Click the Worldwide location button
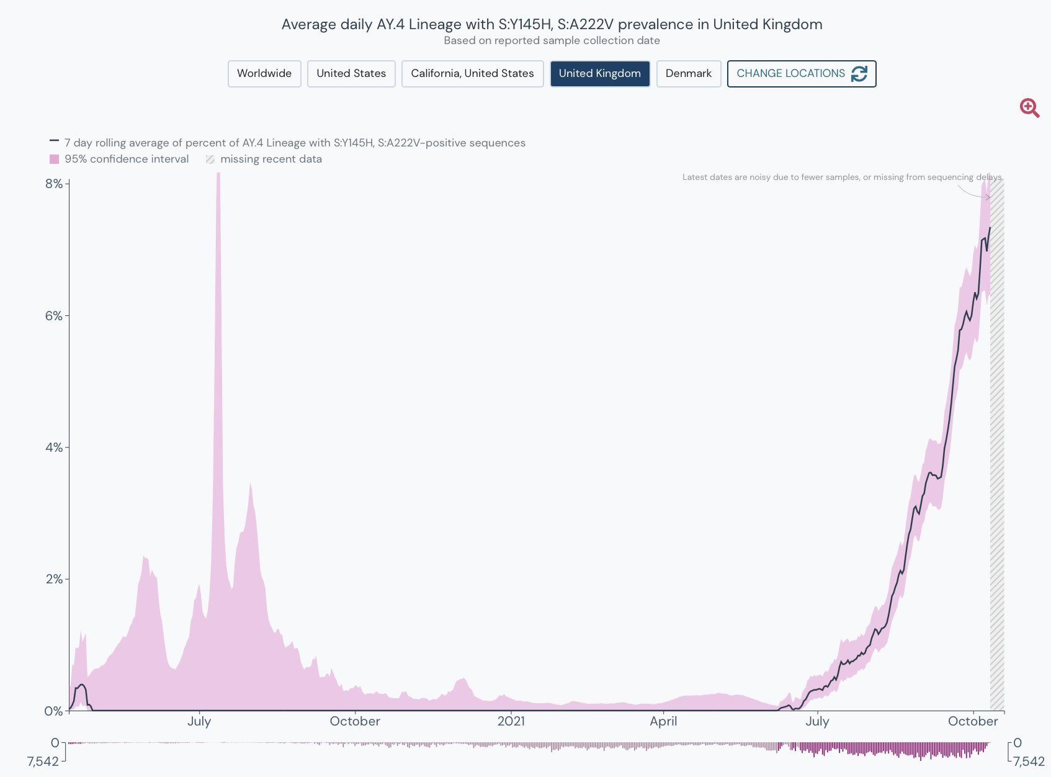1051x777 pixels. coord(264,74)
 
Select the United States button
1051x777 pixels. coord(351,74)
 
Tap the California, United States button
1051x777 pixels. coord(472,74)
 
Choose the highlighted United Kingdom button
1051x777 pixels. coord(599,74)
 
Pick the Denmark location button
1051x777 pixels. coord(688,74)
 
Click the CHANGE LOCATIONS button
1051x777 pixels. coord(801,74)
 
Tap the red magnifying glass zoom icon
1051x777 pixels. coord(1029,108)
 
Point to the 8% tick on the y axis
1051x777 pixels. coord(54,184)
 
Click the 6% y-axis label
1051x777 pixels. coord(54,316)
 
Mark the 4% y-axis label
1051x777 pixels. coord(54,447)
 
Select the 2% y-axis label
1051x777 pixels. coord(54,579)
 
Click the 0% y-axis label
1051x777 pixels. coord(54,711)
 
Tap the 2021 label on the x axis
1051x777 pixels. coord(511,721)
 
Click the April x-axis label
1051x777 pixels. coord(663,721)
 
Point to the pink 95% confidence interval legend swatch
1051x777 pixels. coord(55,159)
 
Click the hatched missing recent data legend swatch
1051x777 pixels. coord(210,159)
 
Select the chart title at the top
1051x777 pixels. coord(552,24)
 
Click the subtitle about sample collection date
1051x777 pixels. coord(552,41)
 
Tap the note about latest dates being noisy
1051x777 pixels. coord(841,177)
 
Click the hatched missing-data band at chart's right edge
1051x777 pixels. coord(996,447)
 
